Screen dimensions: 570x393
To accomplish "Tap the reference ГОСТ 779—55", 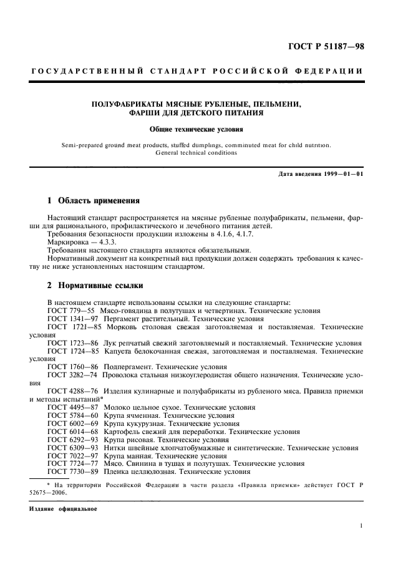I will point(70,310).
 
